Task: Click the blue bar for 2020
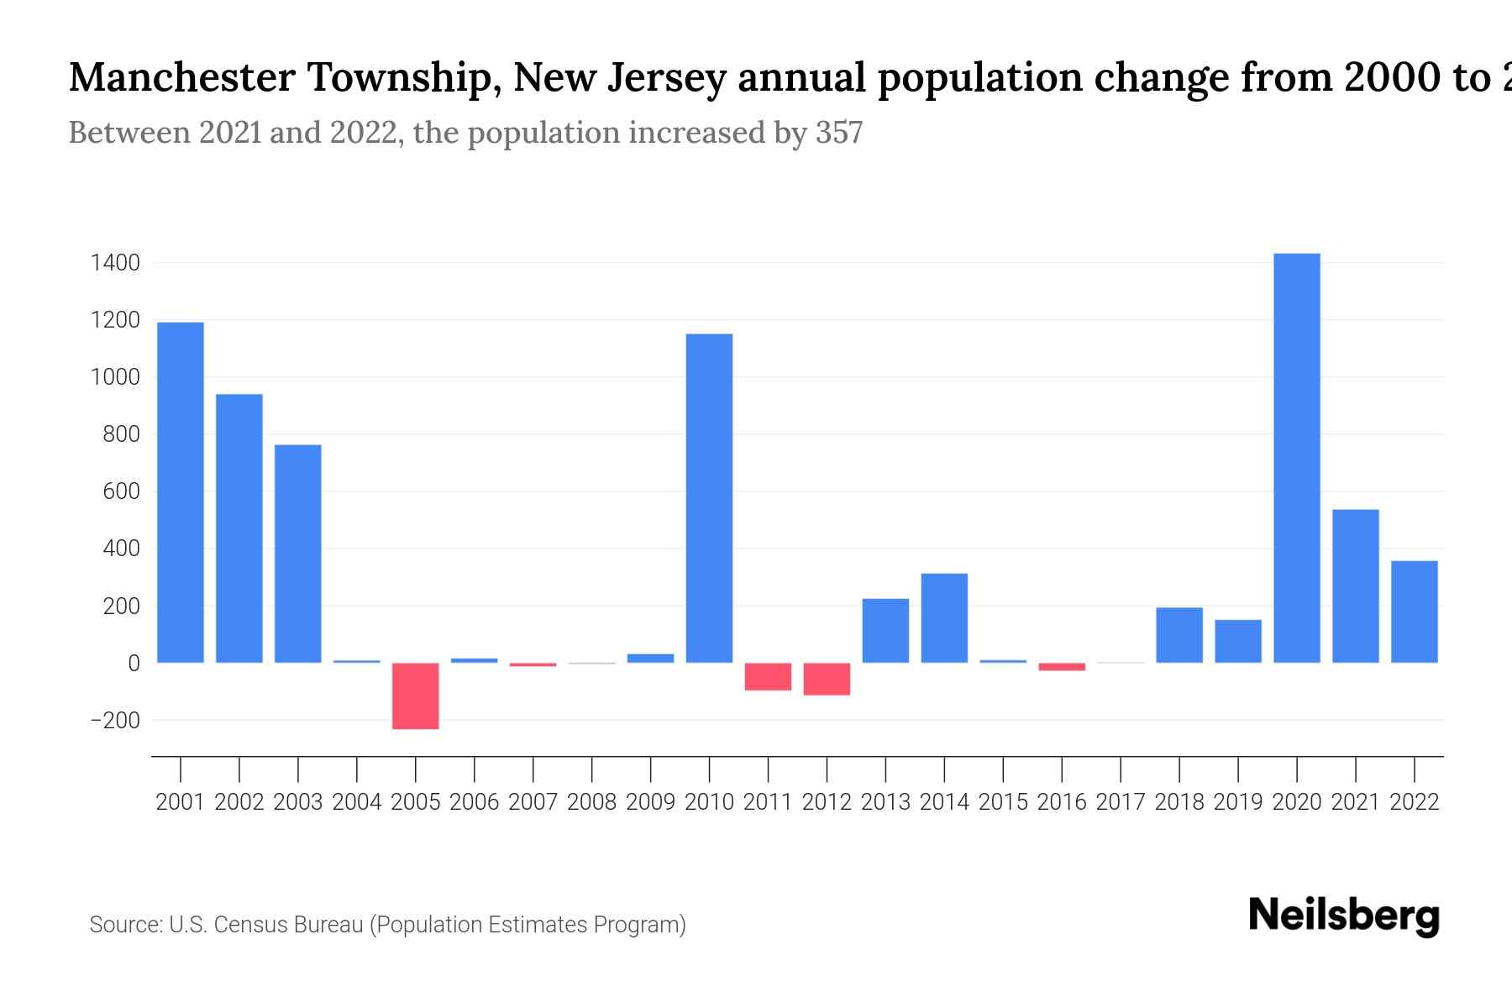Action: tap(1296, 458)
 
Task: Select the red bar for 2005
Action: tap(415, 696)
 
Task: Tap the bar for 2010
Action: tap(709, 498)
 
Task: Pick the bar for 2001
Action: tap(180, 492)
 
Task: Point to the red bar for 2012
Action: tap(827, 679)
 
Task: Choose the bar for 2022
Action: tap(1414, 612)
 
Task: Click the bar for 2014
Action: tap(944, 618)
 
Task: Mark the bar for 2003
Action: tap(297, 554)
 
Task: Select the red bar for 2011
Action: tap(768, 676)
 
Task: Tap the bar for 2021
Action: tap(1355, 586)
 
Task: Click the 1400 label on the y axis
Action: tap(115, 264)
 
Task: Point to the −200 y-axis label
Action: tap(115, 721)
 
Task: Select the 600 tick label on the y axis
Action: tap(121, 492)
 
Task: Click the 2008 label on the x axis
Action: tap(591, 802)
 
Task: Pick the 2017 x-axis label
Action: tap(1121, 802)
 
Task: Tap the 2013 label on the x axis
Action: tap(885, 802)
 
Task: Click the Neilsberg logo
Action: tap(1344, 916)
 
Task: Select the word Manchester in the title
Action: tap(181, 77)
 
